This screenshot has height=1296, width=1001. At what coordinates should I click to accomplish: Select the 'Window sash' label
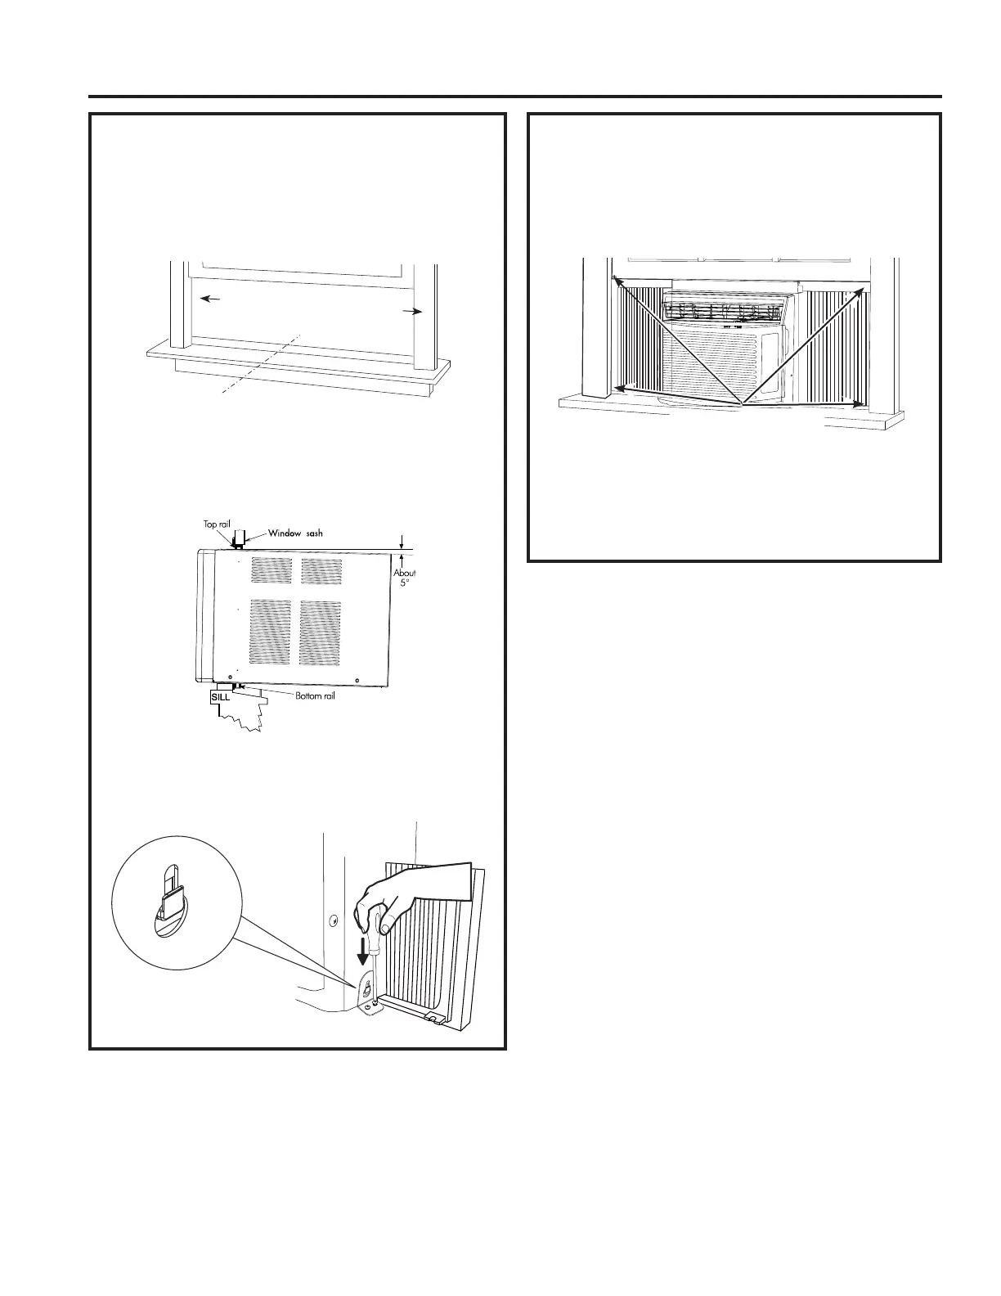pos(295,533)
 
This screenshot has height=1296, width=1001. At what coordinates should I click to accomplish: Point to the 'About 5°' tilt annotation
pos(404,578)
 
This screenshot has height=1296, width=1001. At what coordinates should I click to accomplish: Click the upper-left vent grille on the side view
pos(271,570)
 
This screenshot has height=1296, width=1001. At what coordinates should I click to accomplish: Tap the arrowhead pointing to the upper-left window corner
pos(619,280)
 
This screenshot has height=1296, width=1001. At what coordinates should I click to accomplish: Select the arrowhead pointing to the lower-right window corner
pos(855,403)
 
